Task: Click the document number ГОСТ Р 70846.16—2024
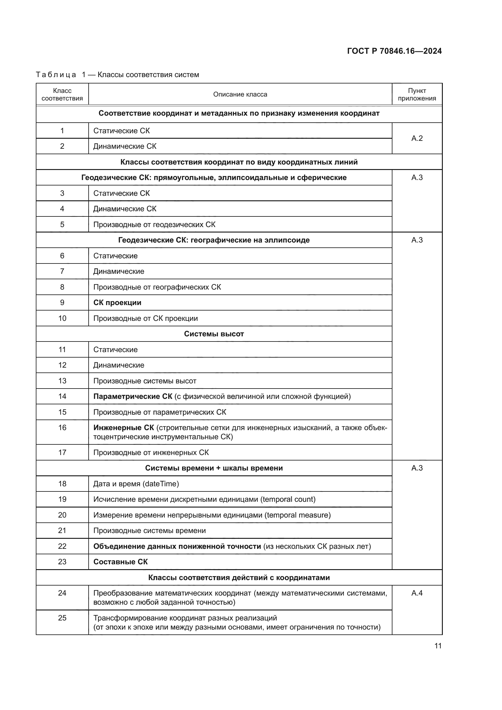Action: (395, 51)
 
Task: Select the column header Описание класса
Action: (240, 94)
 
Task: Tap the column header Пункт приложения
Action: (417, 94)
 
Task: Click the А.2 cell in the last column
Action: (417, 138)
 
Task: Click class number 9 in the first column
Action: (62, 302)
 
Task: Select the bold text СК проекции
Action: (117, 302)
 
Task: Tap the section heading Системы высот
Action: (214, 334)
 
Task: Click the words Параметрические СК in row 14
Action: (133, 396)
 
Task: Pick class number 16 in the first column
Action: (62, 427)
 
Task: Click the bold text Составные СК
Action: (120, 562)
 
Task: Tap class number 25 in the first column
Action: (62, 618)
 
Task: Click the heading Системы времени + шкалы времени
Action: (214, 468)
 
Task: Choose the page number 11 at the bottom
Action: (438, 646)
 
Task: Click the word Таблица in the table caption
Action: (56, 75)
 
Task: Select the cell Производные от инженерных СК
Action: (151, 452)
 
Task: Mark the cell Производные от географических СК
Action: (157, 287)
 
